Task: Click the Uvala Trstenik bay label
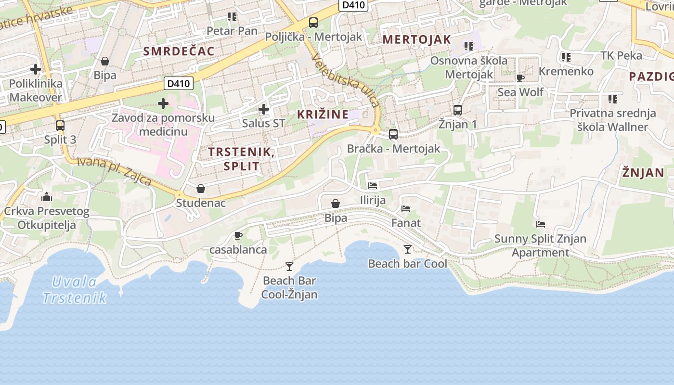click(74, 290)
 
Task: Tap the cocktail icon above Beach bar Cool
click(408, 249)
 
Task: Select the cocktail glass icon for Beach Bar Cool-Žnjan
click(289, 266)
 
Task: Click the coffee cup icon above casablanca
click(238, 235)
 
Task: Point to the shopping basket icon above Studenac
click(201, 188)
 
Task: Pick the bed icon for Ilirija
click(373, 185)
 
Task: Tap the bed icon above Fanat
click(406, 209)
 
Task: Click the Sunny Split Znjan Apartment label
click(540, 245)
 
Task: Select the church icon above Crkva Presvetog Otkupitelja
click(47, 196)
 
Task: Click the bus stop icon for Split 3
click(60, 126)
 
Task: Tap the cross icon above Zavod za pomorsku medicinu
click(163, 103)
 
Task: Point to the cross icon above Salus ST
click(264, 109)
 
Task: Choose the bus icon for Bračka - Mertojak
click(393, 134)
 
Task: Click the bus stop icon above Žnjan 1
click(458, 110)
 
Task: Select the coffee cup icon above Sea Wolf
click(520, 78)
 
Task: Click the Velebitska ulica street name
click(346, 80)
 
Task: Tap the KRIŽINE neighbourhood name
click(323, 115)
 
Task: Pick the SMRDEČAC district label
click(179, 51)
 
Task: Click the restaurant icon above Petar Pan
click(232, 17)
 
